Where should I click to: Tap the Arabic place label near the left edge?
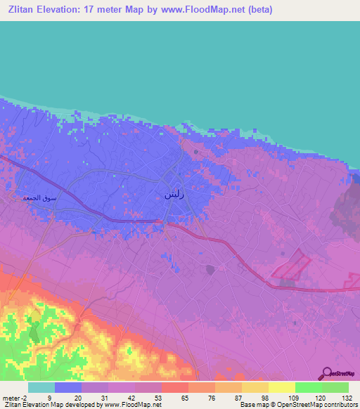point(39,197)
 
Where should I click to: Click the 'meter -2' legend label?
point(15,397)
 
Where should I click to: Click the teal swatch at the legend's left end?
point(41,387)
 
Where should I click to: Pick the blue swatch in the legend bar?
point(68,387)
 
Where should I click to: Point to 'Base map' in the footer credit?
point(251,405)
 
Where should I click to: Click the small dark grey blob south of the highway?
point(210,269)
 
